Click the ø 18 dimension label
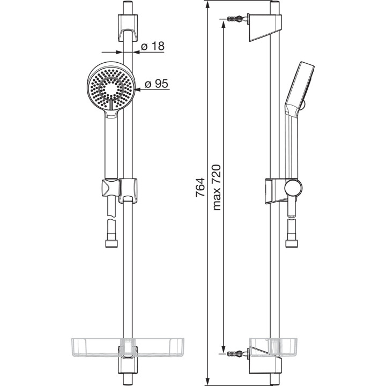(x=154, y=47)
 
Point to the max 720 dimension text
(x=216, y=188)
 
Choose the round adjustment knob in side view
(x=293, y=188)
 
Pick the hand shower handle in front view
(x=110, y=145)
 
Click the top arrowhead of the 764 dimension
(x=207, y=4)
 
